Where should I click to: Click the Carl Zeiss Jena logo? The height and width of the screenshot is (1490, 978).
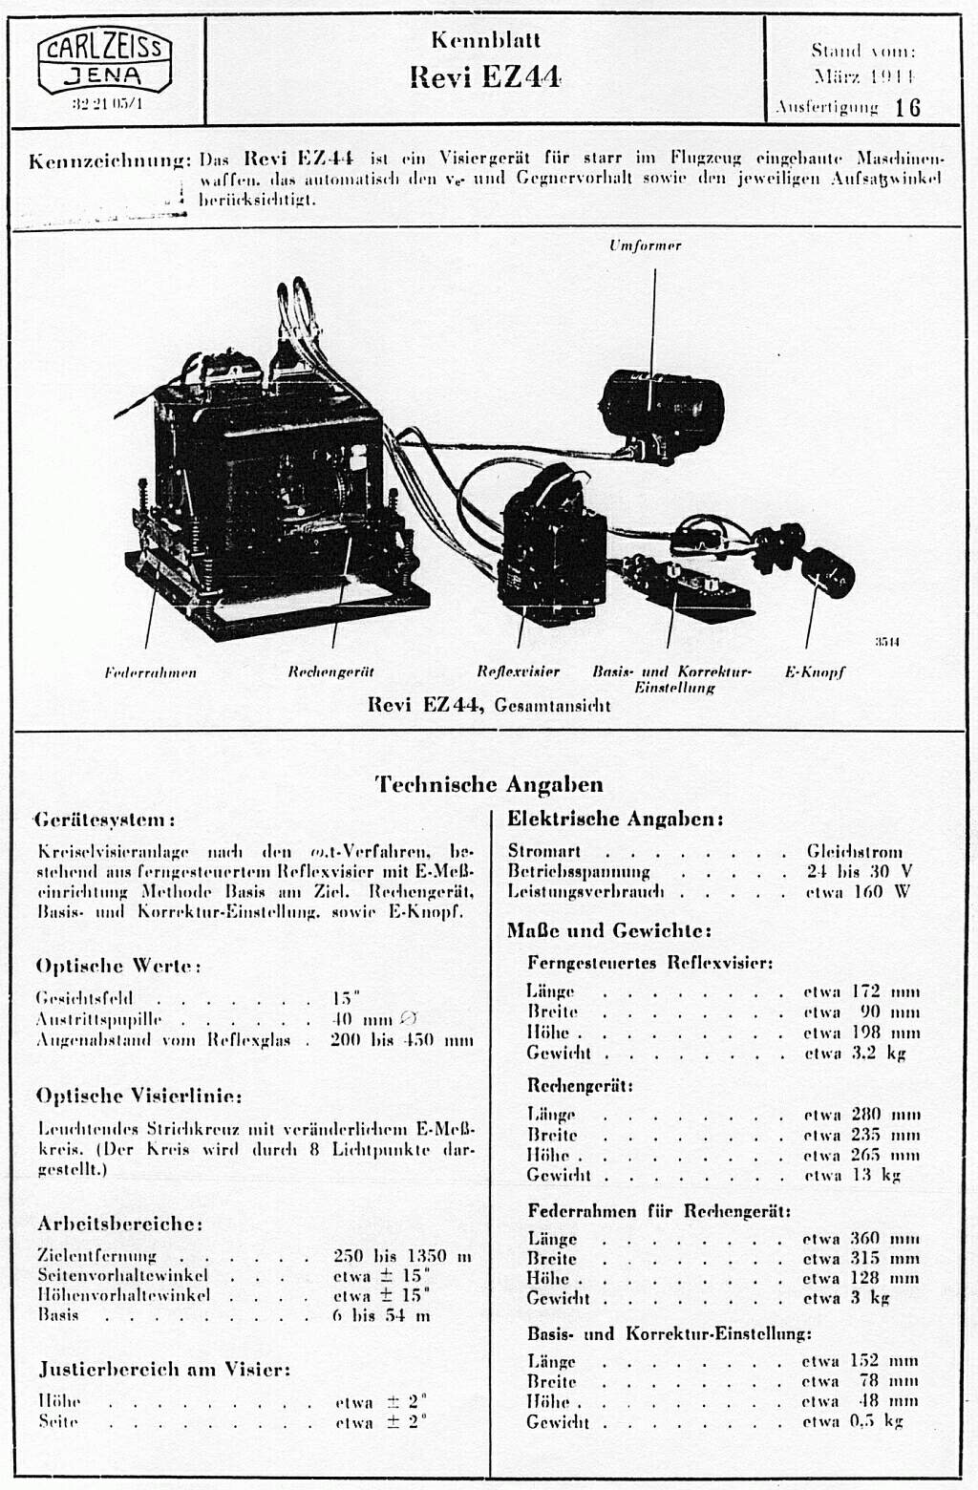pyautogui.click(x=106, y=62)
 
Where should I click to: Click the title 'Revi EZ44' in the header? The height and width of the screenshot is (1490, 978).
pyautogui.click(x=485, y=76)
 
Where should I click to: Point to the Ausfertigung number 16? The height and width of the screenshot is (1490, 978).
pyautogui.click(x=907, y=107)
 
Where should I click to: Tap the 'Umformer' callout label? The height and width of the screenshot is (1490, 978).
pyautogui.click(x=646, y=245)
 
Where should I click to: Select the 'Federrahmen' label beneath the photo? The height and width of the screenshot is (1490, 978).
pyautogui.click(x=151, y=672)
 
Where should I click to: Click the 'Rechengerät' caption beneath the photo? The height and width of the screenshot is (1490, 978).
pyautogui.click(x=330, y=672)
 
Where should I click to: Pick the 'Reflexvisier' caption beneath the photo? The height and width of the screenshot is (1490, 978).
pyautogui.click(x=518, y=671)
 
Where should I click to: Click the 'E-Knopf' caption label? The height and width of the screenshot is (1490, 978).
pyautogui.click(x=815, y=671)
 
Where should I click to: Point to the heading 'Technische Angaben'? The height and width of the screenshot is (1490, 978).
pyautogui.click(x=489, y=784)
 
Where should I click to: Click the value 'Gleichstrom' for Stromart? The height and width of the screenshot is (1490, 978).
pyautogui.click(x=854, y=851)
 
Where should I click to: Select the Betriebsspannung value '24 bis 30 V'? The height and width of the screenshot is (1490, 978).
pyautogui.click(x=859, y=871)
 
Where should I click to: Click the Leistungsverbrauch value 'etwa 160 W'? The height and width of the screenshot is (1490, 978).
pyautogui.click(x=857, y=892)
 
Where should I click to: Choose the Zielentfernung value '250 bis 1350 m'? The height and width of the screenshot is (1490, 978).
pyautogui.click(x=402, y=1255)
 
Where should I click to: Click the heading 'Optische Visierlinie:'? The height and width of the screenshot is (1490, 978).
pyautogui.click(x=138, y=1096)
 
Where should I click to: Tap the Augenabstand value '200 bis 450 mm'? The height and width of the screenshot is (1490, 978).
pyautogui.click(x=401, y=1040)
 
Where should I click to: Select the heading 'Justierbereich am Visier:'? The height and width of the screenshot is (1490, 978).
pyautogui.click(x=164, y=1369)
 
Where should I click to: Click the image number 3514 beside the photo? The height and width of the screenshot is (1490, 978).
pyautogui.click(x=887, y=642)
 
